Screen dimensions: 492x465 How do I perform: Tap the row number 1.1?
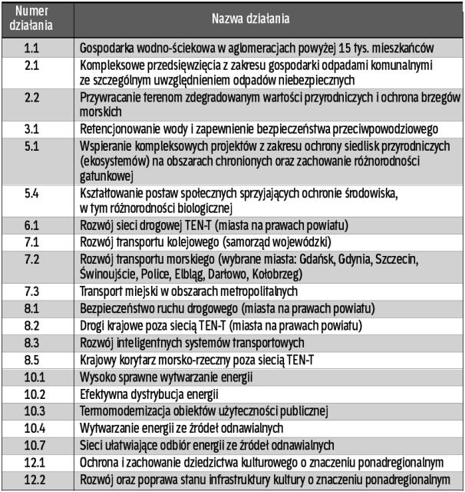pyautogui.click(x=33, y=48)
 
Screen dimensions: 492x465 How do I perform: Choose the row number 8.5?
pyautogui.click(x=33, y=358)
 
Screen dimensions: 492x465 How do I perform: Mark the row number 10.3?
pyautogui.click(x=33, y=410)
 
